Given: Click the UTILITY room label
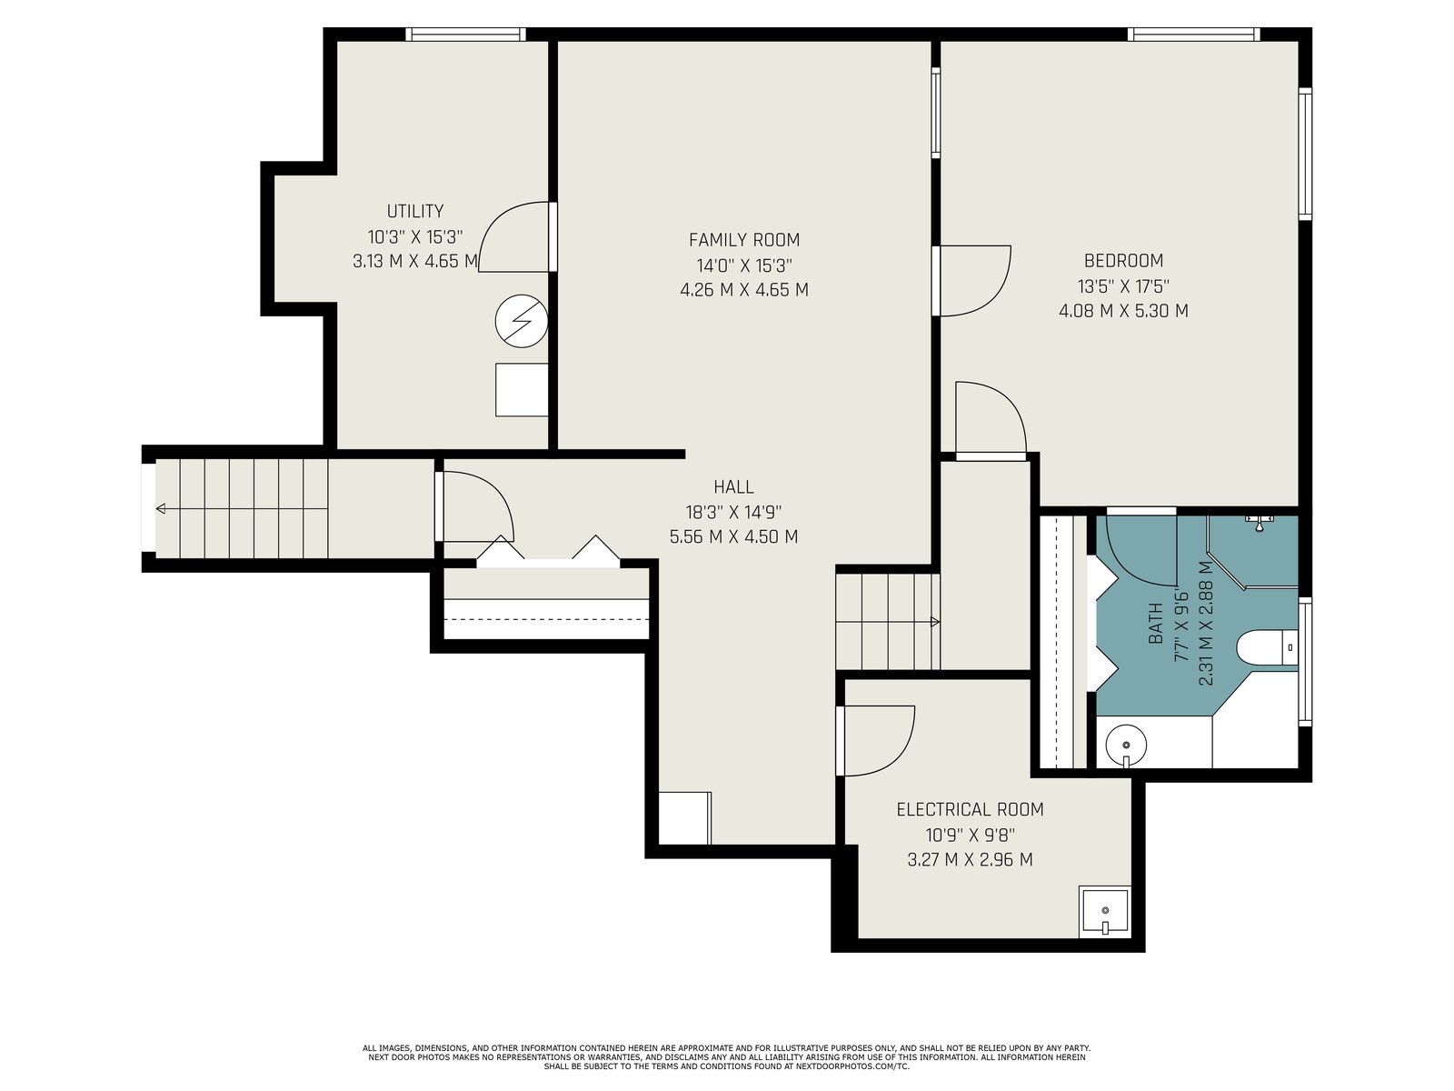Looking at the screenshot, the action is click(414, 211).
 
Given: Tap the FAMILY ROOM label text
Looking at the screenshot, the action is click(744, 240).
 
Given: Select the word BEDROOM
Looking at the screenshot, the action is click(1123, 260).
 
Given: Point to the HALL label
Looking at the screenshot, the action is click(733, 487).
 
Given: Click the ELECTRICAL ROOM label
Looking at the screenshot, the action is click(970, 809).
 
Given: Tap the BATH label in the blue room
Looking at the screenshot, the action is click(1155, 624).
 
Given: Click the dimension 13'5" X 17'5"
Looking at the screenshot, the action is click(1123, 286).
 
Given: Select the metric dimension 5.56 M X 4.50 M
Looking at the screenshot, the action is click(733, 536).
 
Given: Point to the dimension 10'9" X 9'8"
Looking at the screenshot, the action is click(970, 834).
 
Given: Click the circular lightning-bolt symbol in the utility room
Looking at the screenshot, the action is click(522, 321).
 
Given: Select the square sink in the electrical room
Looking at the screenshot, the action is click(1103, 912).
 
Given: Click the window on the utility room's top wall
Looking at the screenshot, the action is click(465, 35).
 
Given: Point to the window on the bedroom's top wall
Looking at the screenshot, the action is click(1194, 35).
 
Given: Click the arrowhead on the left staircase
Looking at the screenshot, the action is click(160, 509).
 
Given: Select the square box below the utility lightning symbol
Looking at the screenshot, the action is click(522, 389).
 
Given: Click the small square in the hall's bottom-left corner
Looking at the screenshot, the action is click(685, 818).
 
